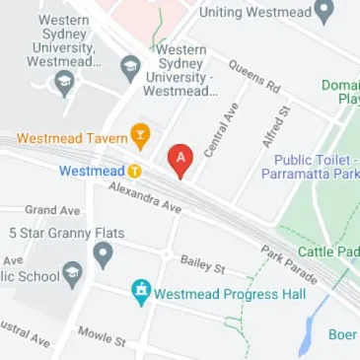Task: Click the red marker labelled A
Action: [x=180, y=159]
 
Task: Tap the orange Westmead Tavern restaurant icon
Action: [x=141, y=136]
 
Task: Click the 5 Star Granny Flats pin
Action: [x=103, y=255]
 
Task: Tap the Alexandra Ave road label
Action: [x=145, y=197]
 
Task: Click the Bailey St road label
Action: [x=203, y=264]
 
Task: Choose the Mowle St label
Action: [x=102, y=336]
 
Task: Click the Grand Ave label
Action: [x=52, y=210]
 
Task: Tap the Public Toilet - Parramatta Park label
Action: [x=310, y=166]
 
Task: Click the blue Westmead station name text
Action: [x=92, y=171]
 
